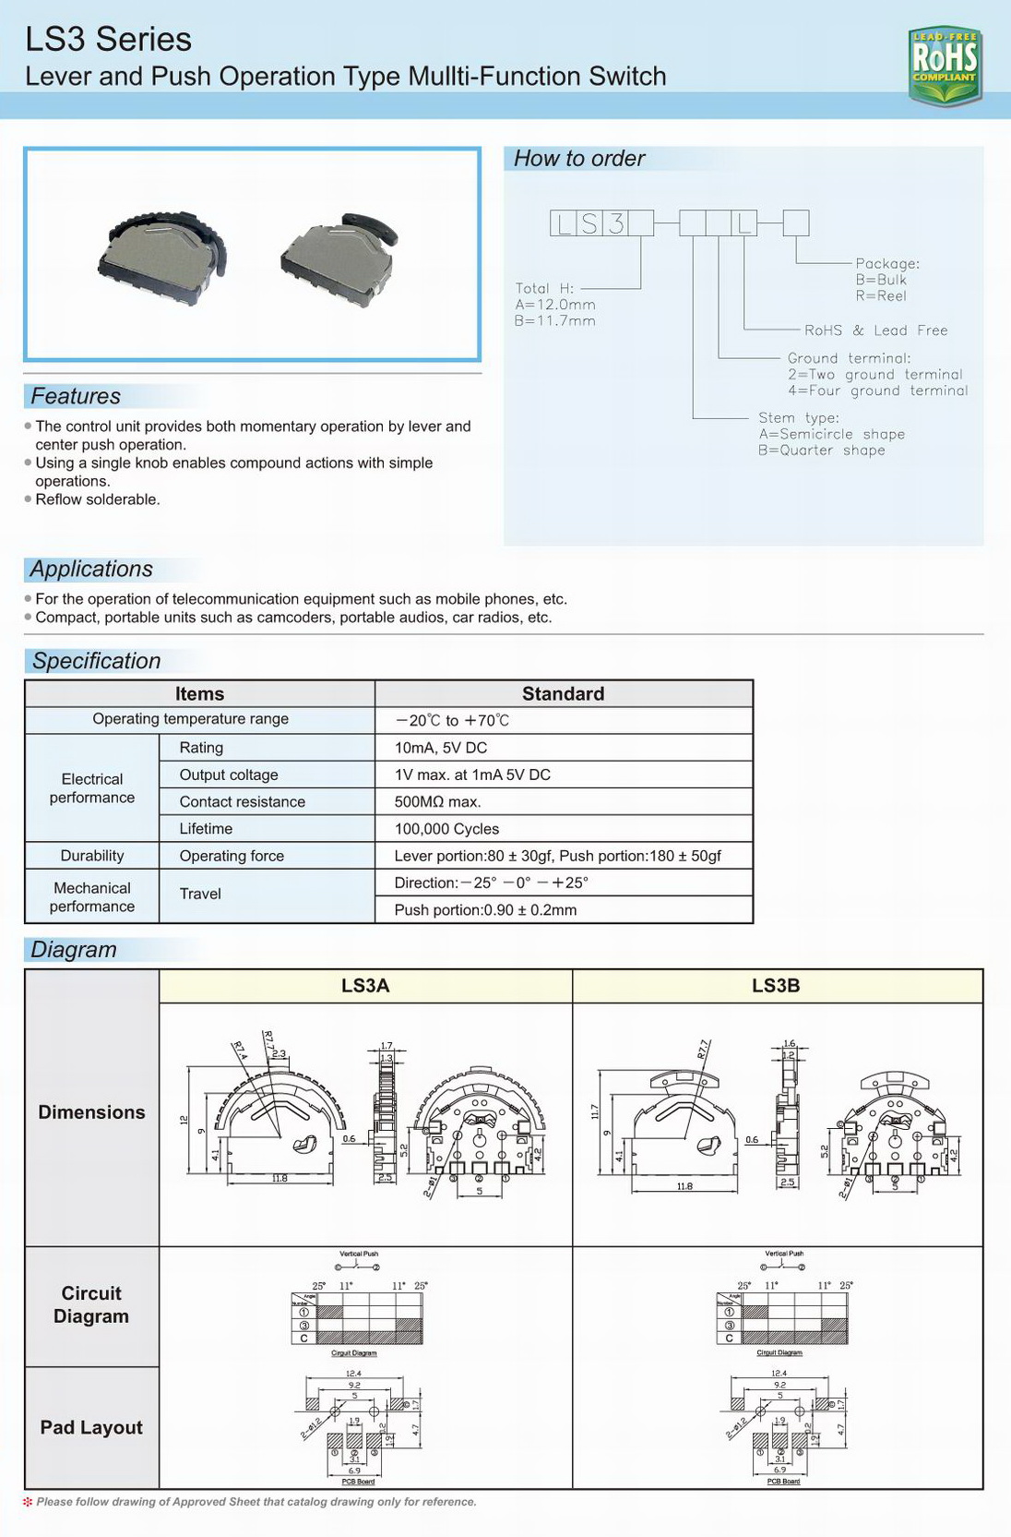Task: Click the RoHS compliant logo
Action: pyautogui.click(x=944, y=65)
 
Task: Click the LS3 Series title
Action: pyautogui.click(x=109, y=39)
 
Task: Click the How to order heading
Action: pyautogui.click(x=578, y=159)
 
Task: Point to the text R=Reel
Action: pyautogui.click(x=881, y=296)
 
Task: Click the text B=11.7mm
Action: pyautogui.click(x=554, y=321)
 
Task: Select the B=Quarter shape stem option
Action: pyautogui.click(x=821, y=450)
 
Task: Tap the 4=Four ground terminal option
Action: pyautogui.click(x=877, y=391)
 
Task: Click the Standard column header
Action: pyautogui.click(x=563, y=694)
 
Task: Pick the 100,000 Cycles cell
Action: pyautogui.click(x=446, y=829)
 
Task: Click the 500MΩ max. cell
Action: pyautogui.click(x=437, y=802)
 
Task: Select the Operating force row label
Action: pyautogui.click(x=232, y=856)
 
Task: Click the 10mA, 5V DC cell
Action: pyautogui.click(x=441, y=748)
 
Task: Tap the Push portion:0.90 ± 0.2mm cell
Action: pyautogui.click(x=485, y=910)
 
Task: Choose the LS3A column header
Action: pyautogui.click(x=365, y=986)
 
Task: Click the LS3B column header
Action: pyautogui.click(x=776, y=986)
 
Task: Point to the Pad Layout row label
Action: pyautogui.click(x=91, y=1427)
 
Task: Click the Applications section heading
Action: pyautogui.click(x=91, y=570)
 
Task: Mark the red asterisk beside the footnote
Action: pyautogui.click(x=28, y=1502)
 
